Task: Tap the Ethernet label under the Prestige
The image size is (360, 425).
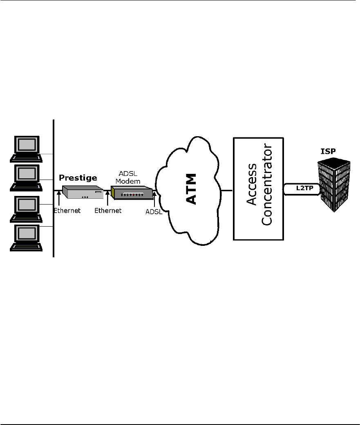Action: pos(67,211)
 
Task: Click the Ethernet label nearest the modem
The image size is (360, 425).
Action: pos(108,211)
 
